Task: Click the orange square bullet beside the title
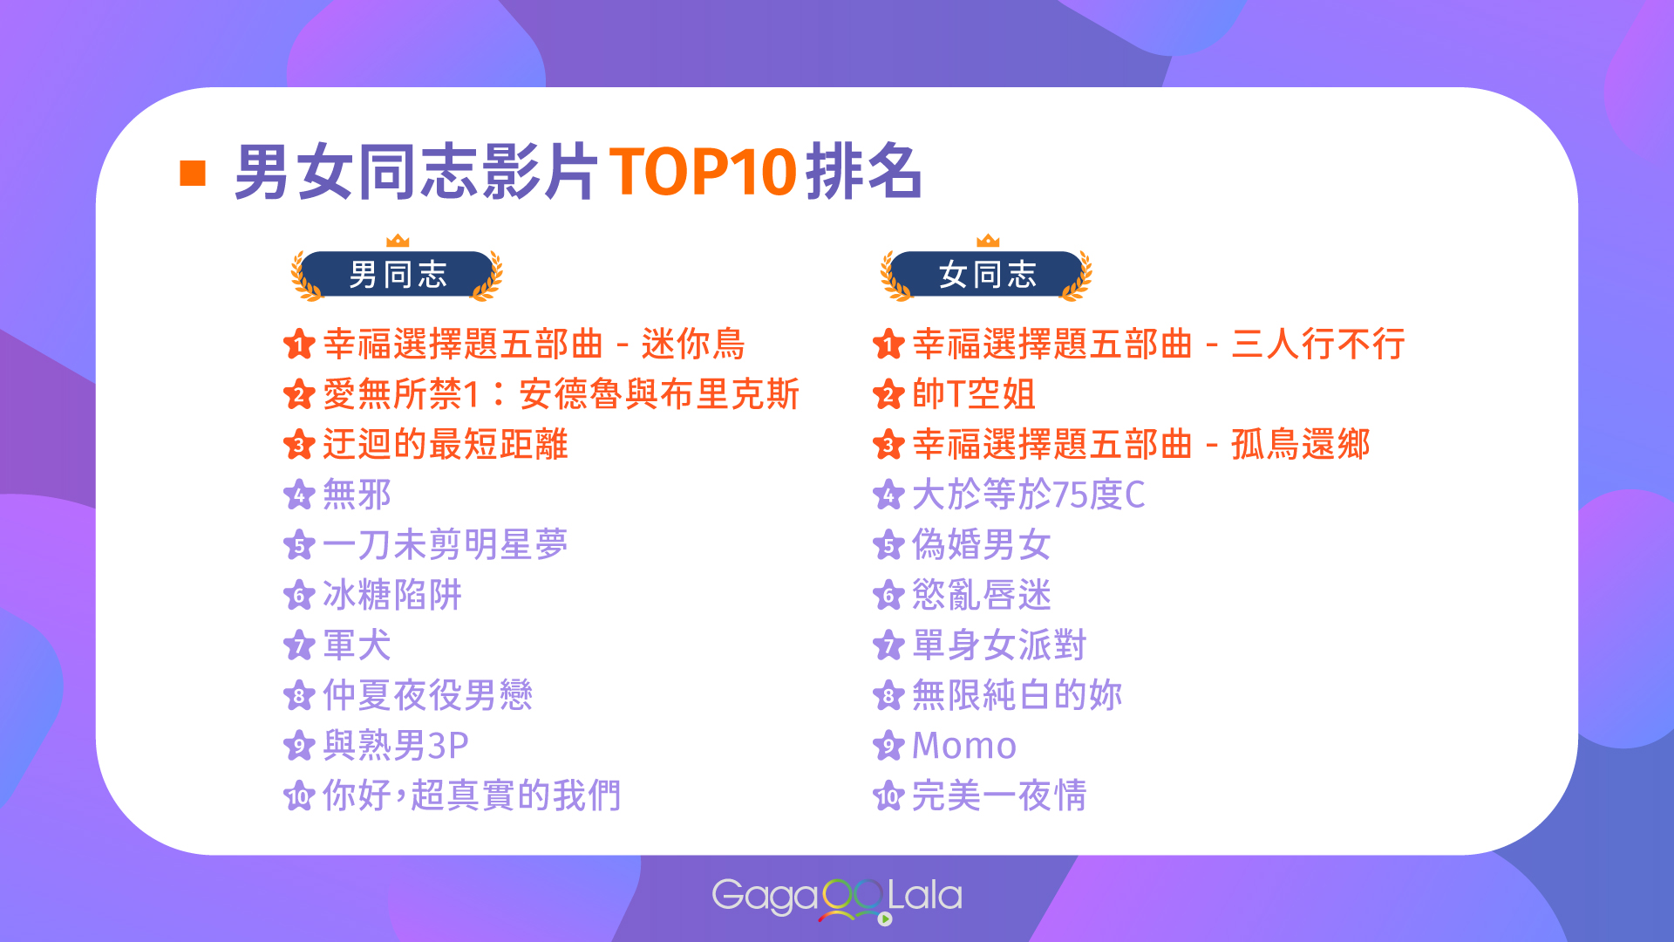point(192,173)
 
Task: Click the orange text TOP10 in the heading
point(703,171)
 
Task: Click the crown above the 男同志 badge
point(398,240)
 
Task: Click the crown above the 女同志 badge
point(988,240)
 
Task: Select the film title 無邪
point(357,495)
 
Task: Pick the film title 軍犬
point(357,645)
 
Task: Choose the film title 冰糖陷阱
point(392,595)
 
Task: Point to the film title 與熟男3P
point(396,746)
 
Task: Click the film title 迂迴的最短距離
point(446,444)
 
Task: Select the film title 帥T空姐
point(974,394)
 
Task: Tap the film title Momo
point(964,746)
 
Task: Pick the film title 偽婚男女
point(982,545)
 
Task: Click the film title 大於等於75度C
point(1029,495)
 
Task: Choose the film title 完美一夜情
point(999,795)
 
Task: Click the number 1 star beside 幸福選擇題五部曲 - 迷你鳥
point(299,344)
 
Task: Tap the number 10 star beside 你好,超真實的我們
point(299,795)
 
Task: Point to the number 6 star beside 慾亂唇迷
point(888,595)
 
